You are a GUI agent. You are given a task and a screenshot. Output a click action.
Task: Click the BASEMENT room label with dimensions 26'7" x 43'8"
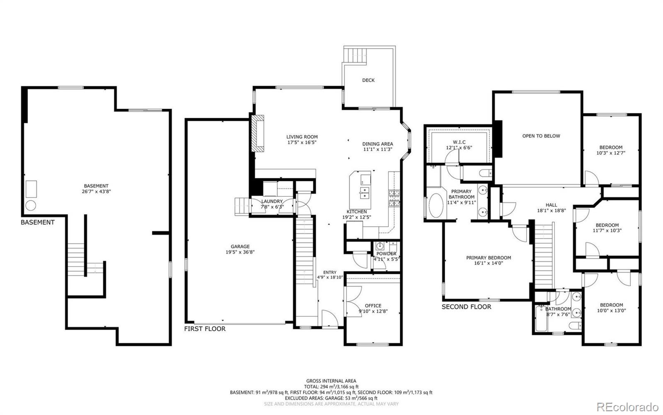click(x=96, y=189)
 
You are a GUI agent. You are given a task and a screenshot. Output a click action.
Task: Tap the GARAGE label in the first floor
click(x=240, y=247)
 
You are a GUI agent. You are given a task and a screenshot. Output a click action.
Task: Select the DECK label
click(x=368, y=80)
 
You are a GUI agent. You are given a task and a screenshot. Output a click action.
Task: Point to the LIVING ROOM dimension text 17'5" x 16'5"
click(x=302, y=142)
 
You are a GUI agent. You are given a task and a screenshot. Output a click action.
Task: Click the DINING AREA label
click(x=377, y=144)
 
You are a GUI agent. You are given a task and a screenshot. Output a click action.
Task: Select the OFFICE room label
click(x=373, y=306)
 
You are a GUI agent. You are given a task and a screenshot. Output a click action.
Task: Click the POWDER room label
click(x=386, y=254)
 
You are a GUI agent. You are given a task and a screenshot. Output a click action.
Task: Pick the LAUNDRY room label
click(x=271, y=201)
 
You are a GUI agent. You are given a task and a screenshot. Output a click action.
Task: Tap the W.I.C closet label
click(x=459, y=142)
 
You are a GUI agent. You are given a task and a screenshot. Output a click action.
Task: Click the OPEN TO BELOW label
click(x=541, y=136)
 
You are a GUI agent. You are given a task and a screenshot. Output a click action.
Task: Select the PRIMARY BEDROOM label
click(x=489, y=258)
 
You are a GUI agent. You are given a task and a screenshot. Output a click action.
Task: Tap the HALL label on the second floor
click(x=551, y=205)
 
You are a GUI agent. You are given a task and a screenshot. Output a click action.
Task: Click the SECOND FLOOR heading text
click(x=466, y=307)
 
